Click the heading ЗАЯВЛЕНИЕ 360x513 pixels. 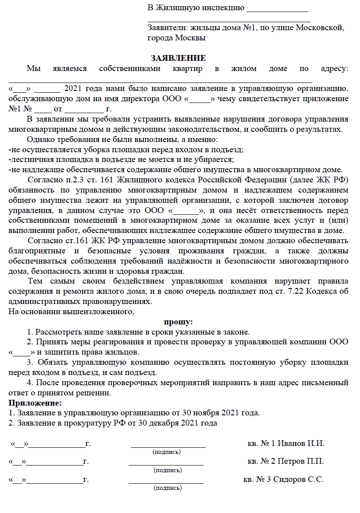[x=178, y=58]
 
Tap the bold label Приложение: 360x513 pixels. [x=35, y=403]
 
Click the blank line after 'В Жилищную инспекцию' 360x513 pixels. [x=277, y=8]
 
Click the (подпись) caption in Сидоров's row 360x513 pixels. [x=167, y=488]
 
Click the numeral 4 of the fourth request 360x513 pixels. [x=29, y=383]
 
